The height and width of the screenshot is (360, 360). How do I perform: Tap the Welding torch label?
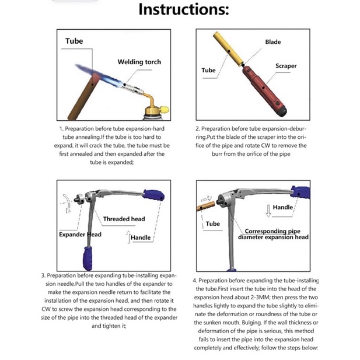(x=139, y=62)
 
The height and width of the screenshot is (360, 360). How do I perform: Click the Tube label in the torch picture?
(x=74, y=41)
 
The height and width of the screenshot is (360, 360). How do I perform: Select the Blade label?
(x=272, y=42)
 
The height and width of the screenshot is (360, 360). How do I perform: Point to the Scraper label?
(x=286, y=66)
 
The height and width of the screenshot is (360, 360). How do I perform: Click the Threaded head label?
(x=124, y=219)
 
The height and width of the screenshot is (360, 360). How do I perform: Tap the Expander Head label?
(x=80, y=235)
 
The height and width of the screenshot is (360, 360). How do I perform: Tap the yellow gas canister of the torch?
(x=158, y=109)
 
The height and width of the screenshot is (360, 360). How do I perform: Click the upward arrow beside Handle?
(x=128, y=236)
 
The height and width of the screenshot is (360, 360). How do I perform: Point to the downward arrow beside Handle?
(x=268, y=208)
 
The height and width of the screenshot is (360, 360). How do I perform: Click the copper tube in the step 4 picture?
(x=205, y=205)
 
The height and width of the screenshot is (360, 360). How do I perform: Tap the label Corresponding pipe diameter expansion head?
(x=273, y=234)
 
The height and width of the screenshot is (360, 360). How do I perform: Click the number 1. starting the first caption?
(x=60, y=128)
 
